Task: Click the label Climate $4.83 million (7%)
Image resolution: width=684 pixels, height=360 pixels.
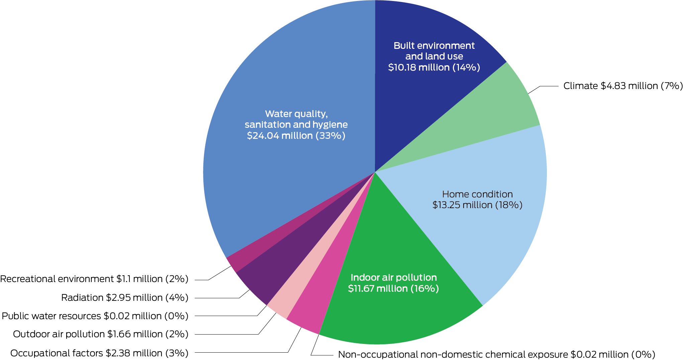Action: pos(623,86)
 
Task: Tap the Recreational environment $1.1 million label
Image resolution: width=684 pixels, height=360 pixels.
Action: pos(94,279)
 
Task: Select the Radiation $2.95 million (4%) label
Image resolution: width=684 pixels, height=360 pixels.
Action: pos(125,298)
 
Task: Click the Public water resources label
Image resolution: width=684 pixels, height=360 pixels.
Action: pos(95,316)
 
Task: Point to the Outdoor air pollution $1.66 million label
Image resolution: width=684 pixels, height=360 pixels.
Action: pos(101,334)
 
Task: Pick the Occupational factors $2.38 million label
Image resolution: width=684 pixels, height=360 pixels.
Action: pos(99,353)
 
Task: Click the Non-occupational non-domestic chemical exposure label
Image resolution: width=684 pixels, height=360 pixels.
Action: pos(496,355)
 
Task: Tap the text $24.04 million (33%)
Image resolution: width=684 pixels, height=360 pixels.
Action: pos(296,136)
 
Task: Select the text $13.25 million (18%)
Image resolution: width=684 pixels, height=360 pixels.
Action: pos(477,205)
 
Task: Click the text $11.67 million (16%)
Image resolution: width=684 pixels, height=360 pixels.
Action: pos(393,288)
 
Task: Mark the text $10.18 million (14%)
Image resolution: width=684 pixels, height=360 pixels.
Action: pos(434,68)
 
